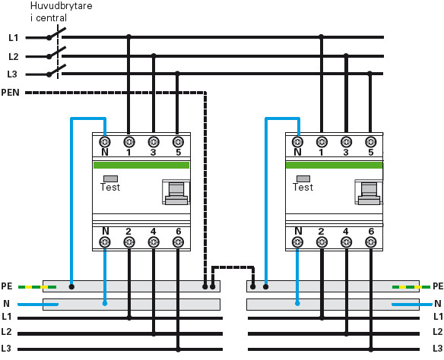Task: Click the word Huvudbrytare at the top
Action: tap(61, 6)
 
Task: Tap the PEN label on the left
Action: tap(10, 93)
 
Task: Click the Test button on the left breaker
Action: tap(110, 178)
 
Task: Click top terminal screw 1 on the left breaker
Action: tap(129, 142)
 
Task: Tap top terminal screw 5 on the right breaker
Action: tap(370, 142)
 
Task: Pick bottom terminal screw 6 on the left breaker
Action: tap(178, 242)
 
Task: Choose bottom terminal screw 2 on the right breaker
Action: tap(322, 242)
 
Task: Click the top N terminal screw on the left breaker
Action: tap(105, 142)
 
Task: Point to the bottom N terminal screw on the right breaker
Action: tap(297, 242)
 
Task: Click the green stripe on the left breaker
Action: tap(141, 165)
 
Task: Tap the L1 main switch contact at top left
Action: tap(56, 33)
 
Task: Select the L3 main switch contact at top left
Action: tap(56, 71)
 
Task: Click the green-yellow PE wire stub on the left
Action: tap(37, 287)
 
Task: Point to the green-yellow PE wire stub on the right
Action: tap(411, 287)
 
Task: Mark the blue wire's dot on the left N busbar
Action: tap(105, 304)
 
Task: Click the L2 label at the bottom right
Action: tap(438, 331)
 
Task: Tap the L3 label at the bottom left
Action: tap(6, 349)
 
